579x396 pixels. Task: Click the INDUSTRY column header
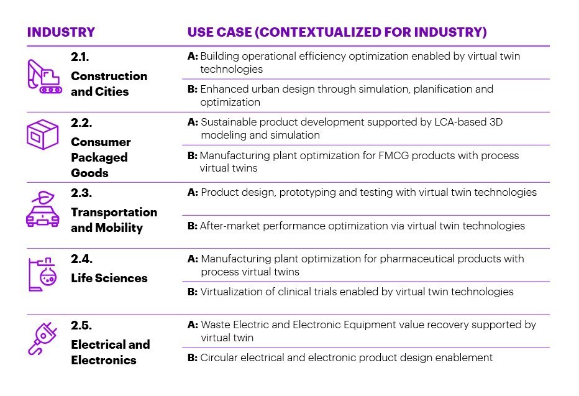61,32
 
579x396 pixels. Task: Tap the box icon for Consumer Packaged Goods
42,133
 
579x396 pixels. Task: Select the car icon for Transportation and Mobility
42,209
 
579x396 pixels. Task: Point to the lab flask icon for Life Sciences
42,274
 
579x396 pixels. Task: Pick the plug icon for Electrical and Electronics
43,340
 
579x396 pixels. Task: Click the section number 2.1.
81,58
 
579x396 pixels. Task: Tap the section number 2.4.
81,259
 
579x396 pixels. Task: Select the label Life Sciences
109,278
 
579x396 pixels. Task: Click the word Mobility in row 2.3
119,228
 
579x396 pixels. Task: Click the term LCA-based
453,122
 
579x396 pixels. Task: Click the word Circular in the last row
219,357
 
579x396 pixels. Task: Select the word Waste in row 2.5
215,325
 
